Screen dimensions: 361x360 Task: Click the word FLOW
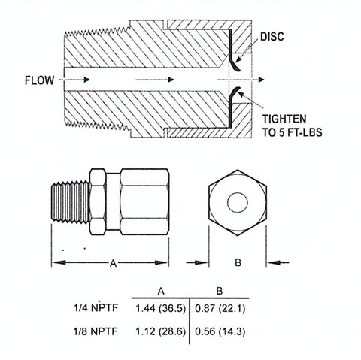click(39, 80)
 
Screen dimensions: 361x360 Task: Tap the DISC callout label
click(272, 37)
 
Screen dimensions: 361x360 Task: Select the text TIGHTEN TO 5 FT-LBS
click(292, 126)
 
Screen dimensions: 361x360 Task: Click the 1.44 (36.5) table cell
click(160, 308)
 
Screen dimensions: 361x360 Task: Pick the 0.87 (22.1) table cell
click(220, 308)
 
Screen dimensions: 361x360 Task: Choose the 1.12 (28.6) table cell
click(160, 331)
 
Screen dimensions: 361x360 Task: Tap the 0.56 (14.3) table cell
click(220, 331)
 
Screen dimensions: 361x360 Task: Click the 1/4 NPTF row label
click(96, 307)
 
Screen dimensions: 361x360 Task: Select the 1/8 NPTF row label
click(96, 331)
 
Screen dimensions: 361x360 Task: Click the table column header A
click(161, 292)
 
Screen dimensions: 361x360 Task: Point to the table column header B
click(220, 292)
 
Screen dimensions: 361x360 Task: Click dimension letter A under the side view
click(114, 263)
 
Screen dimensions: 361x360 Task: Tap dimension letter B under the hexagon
click(238, 262)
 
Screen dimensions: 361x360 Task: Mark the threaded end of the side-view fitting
click(71, 202)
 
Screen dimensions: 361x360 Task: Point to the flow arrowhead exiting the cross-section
click(261, 80)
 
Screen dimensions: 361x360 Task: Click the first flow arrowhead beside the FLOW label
click(86, 80)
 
